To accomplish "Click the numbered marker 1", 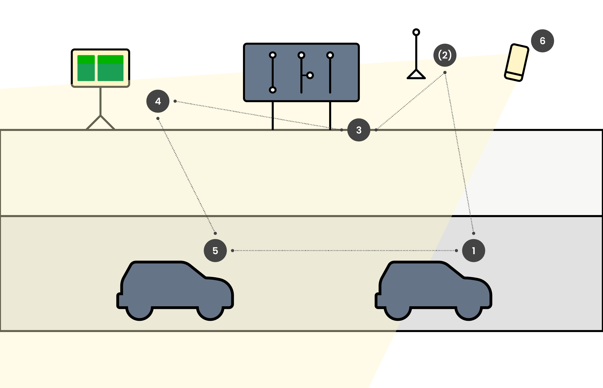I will point(473,251).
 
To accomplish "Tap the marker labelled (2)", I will point(445,55).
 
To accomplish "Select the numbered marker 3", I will point(359,130).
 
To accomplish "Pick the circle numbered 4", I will point(158,101).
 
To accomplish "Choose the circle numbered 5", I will point(215,251).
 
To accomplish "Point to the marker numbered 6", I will point(542,41).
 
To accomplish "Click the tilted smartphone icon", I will point(516,63).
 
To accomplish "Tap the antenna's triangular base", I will point(416,75).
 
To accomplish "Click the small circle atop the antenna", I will point(416,32).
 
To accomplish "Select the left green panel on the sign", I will point(86,68).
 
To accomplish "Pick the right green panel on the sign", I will point(111,68).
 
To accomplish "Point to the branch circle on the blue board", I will point(310,75).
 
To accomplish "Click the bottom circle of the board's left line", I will point(272,90).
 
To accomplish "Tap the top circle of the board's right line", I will point(330,55).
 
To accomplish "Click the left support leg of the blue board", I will point(272,116).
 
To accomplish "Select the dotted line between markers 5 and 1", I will point(344,251).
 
